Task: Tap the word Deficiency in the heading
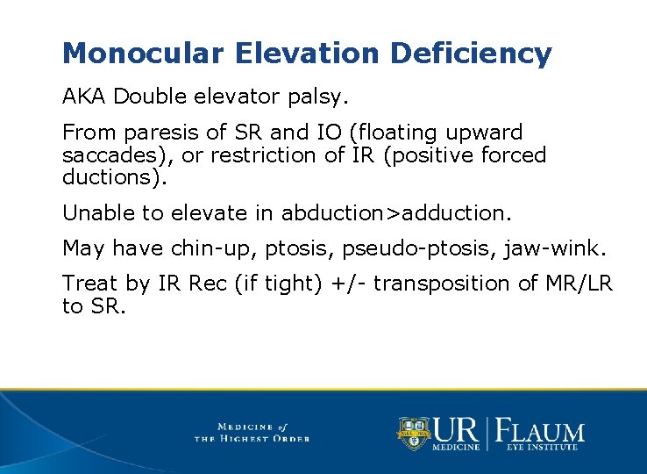[x=471, y=54]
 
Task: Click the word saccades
[x=107, y=155]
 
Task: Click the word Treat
[x=89, y=284]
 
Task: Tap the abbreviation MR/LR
[x=582, y=284]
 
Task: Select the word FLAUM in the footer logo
[x=540, y=431]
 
